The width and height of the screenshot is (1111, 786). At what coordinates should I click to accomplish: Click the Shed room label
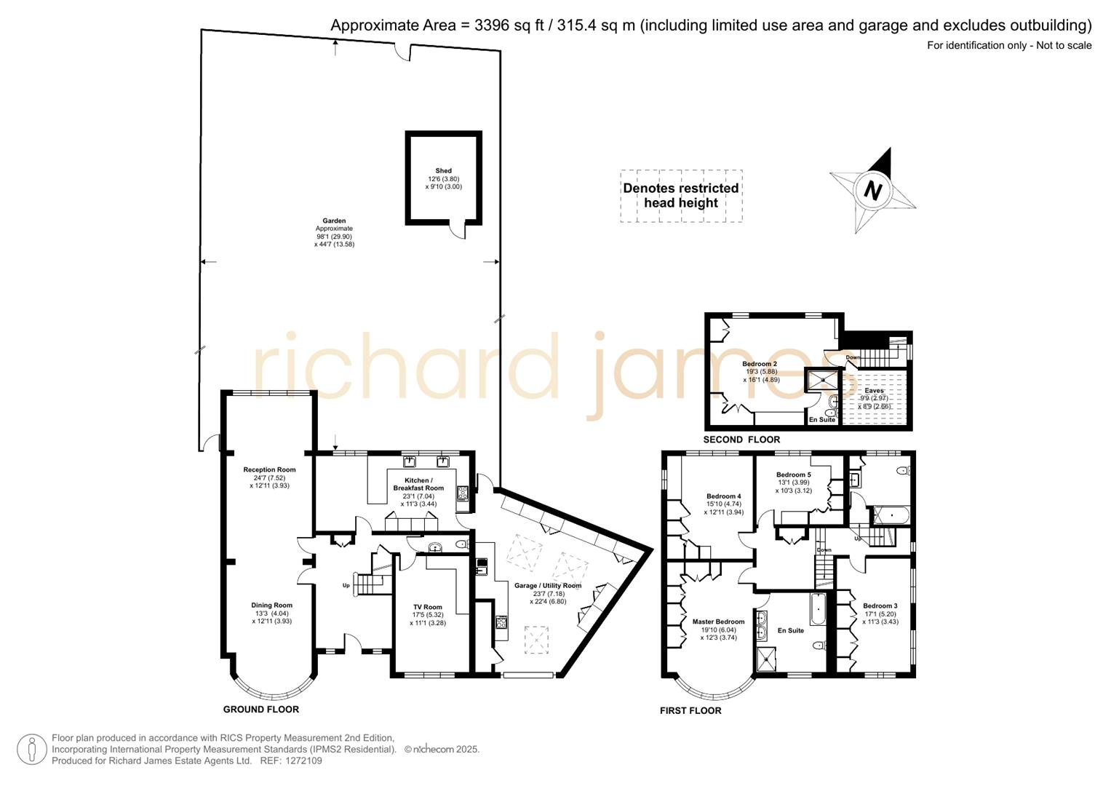pyautogui.click(x=443, y=171)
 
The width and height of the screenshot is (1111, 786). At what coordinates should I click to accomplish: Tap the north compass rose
pyautogui.click(x=872, y=191)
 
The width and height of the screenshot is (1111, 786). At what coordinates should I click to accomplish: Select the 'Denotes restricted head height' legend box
pyautogui.click(x=681, y=196)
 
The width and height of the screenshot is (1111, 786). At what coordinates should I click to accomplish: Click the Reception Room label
pyautogui.click(x=269, y=470)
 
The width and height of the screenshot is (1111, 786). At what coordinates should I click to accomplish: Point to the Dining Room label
pyautogui.click(x=272, y=606)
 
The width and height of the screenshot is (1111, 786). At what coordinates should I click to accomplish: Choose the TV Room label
pyautogui.click(x=428, y=607)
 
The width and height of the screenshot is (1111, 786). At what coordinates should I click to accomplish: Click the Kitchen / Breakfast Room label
pyautogui.click(x=418, y=484)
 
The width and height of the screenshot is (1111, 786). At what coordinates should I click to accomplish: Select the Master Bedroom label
pyautogui.click(x=718, y=622)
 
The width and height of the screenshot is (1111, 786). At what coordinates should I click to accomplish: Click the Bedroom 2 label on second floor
pyautogui.click(x=760, y=364)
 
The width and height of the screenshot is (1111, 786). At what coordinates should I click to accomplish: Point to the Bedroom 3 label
pyautogui.click(x=880, y=606)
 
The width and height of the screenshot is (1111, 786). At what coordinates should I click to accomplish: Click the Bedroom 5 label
pyautogui.click(x=793, y=475)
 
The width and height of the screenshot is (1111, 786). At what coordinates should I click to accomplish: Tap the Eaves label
pyautogui.click(x=874, y=391)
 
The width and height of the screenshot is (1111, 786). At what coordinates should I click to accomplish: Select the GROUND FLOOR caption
pyautogui.click(x=260, y=710)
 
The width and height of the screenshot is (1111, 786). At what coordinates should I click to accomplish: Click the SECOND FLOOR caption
pyautogui.click(x=741, y=440)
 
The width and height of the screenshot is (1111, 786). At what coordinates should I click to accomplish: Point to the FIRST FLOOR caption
pyautogui.click(x=690, y=711)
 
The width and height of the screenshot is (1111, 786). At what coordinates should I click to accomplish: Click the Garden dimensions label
pyautogui.click(x=334, y=237)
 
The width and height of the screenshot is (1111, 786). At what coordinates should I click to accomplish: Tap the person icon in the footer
pyautogui.click(x=32, y=750)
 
